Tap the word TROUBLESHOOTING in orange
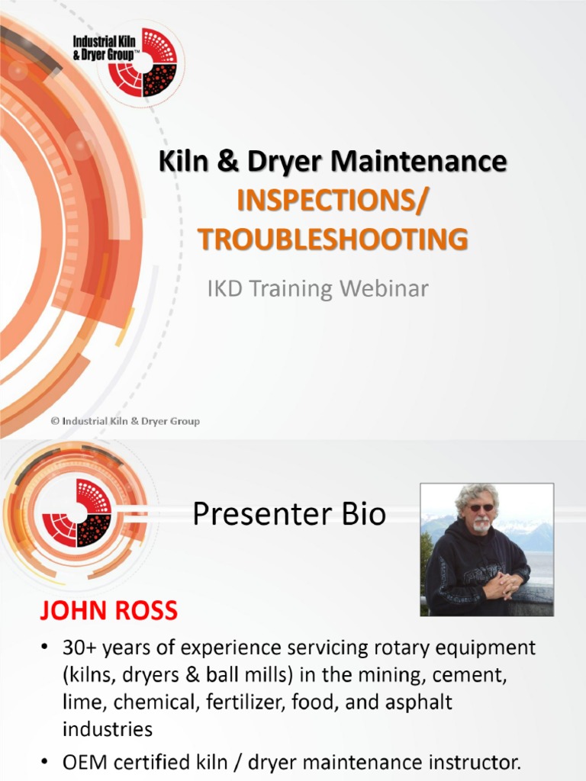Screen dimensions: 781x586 [333, 239]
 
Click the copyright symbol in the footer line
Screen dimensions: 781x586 [56, 421]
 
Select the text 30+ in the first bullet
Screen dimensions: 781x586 [80, 649]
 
